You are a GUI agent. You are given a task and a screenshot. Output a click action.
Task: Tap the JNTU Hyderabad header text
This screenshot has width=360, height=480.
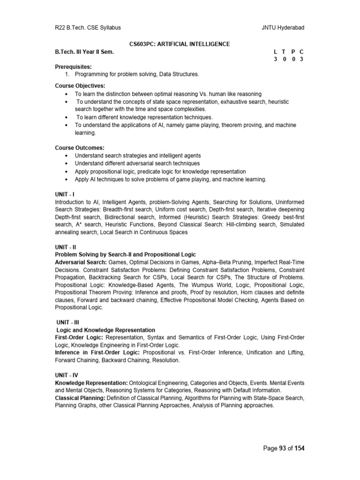(283, 28)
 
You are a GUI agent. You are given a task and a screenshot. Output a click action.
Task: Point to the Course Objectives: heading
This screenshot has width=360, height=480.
(80, 86)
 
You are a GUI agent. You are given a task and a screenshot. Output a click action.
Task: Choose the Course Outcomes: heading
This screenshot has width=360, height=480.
(79, 148)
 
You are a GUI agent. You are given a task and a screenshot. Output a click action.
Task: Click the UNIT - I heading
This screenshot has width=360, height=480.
(65, 194)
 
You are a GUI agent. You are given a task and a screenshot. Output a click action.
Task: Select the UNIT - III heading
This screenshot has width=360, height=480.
(67, 322)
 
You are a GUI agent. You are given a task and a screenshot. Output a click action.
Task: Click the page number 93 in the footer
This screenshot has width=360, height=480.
(283, 449)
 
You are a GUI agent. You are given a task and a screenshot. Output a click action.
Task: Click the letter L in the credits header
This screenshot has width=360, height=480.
(275, 52)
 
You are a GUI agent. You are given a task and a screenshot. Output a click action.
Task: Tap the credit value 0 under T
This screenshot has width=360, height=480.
(284, 59)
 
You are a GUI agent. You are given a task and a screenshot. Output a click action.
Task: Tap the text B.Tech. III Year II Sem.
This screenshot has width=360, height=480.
(84, 52)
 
